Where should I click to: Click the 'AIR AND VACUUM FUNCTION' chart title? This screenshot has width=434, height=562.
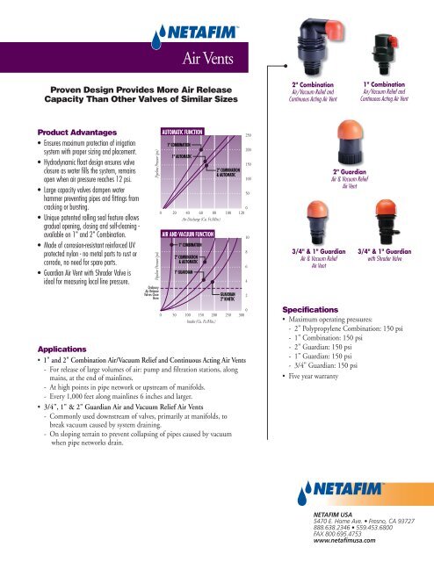(187, 234)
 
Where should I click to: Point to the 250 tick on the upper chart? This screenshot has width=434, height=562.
(249, 134)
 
